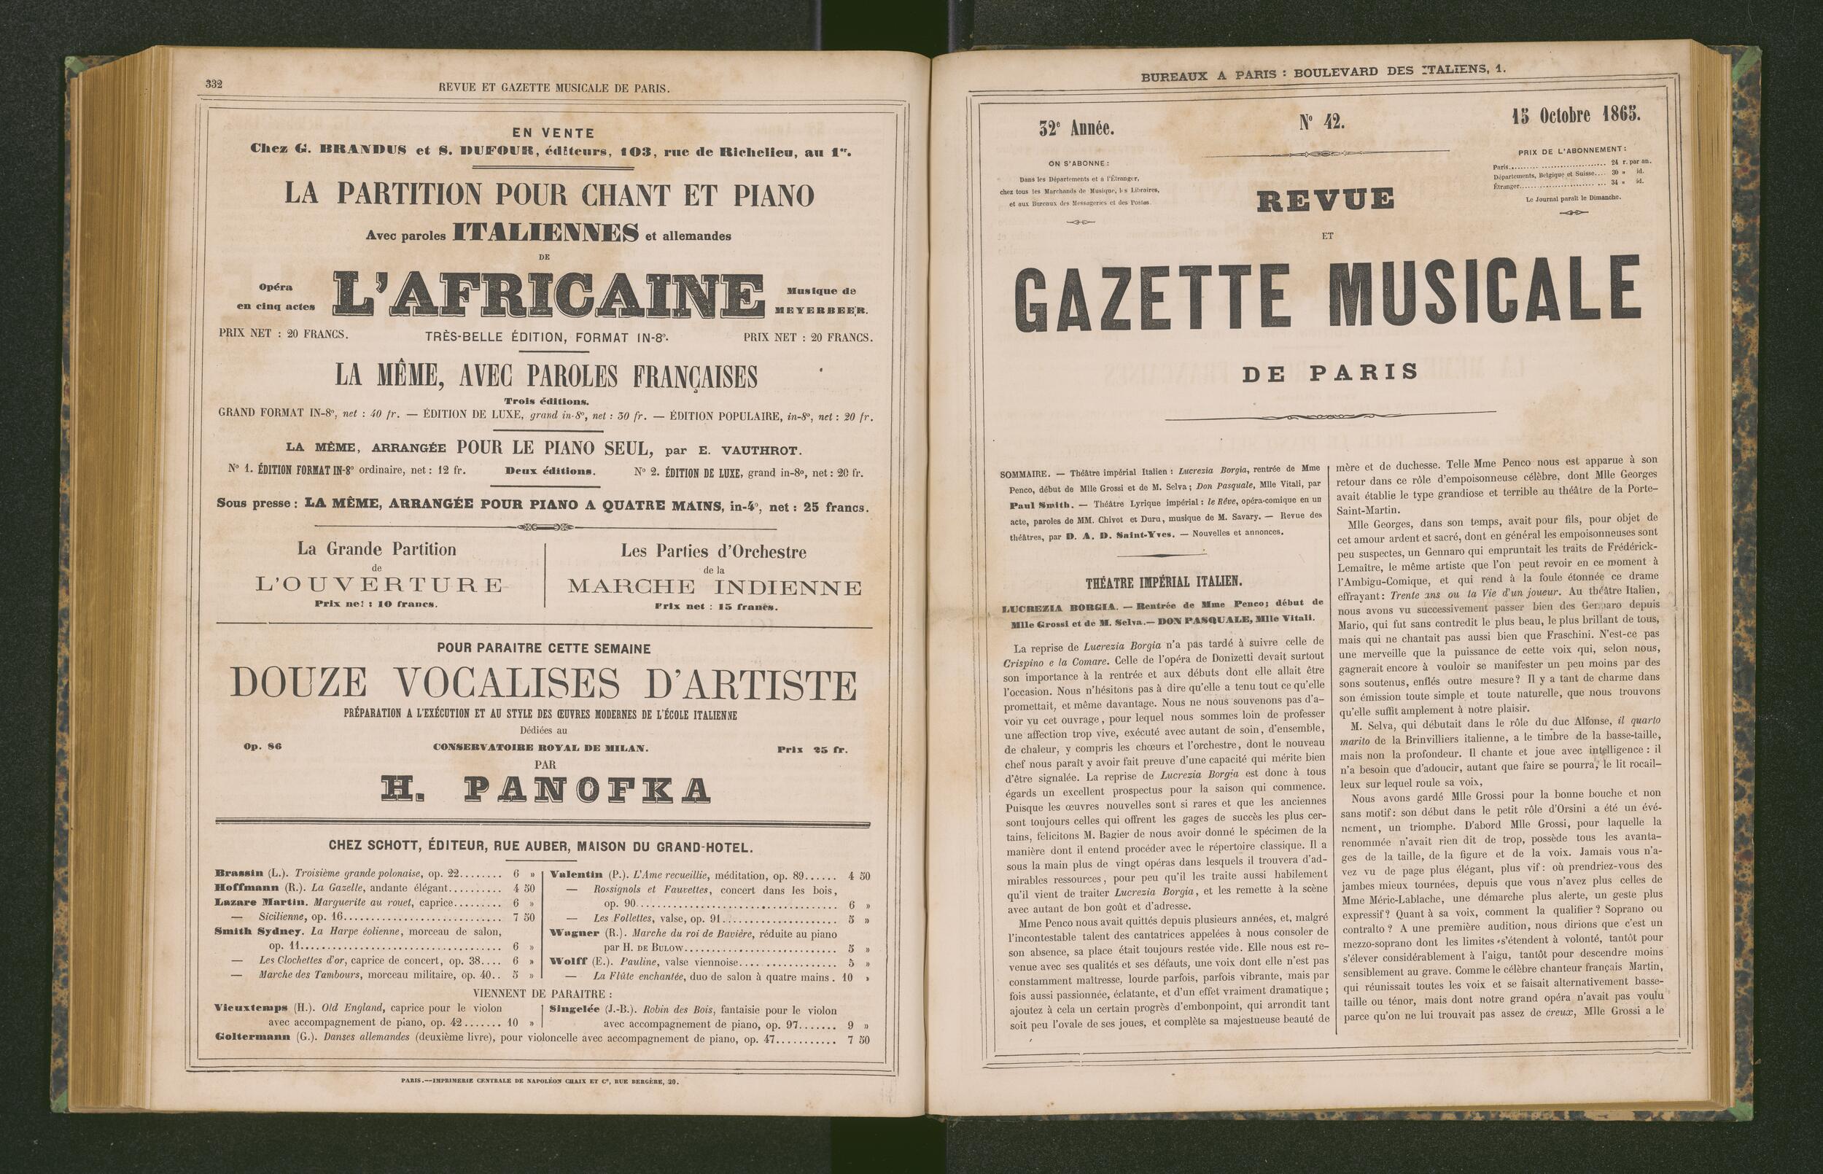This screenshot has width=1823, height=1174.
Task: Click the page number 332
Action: (x=214, y=85)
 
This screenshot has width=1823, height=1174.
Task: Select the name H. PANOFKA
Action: (x=545, y=790)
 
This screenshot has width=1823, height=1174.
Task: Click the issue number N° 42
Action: (x=1321, y=122)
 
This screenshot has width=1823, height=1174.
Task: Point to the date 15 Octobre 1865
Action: (x=1576, y=116)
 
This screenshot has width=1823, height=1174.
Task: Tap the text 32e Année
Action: (x=1076, y=129)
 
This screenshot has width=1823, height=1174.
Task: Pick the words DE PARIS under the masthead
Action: (x=1330, y=373)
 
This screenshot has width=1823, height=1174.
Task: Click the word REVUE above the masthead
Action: (x=1326, y=201)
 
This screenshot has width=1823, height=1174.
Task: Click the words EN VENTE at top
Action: (x=553, y=133)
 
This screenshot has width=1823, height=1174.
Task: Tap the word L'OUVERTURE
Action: (x=378, y=586)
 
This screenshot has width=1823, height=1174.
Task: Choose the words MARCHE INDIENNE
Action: (x=714, y=587)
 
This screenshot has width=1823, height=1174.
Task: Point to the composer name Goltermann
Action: (x=252, y=1038)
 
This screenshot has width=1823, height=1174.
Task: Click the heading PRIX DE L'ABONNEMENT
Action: (x=1571, y=151)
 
